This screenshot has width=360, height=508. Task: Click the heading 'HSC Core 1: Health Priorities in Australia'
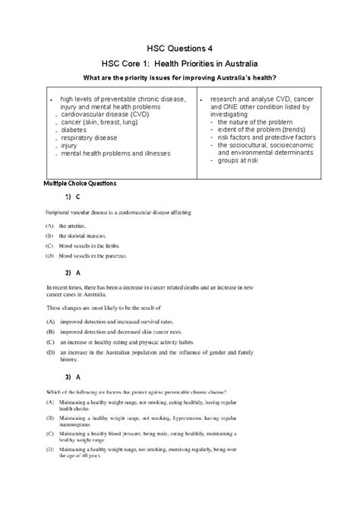pyautogui.click(x=179, y=62)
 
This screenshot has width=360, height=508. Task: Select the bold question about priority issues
pyautogui.click(x=179, y=79)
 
